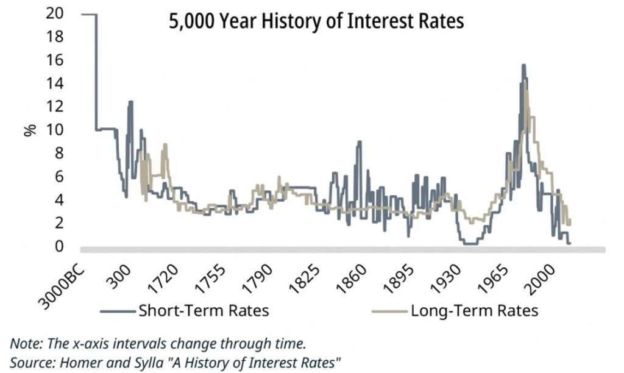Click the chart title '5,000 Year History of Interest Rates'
point(316,21)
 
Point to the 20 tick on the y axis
point(54,14)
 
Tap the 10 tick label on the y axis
point(54,130)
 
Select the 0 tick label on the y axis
point(58,246)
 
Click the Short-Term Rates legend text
point(204,310)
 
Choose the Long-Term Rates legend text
point(474,310)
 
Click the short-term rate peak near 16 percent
point(523,66)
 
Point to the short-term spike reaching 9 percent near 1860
point(360,142)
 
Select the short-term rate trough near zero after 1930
point(470,243)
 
